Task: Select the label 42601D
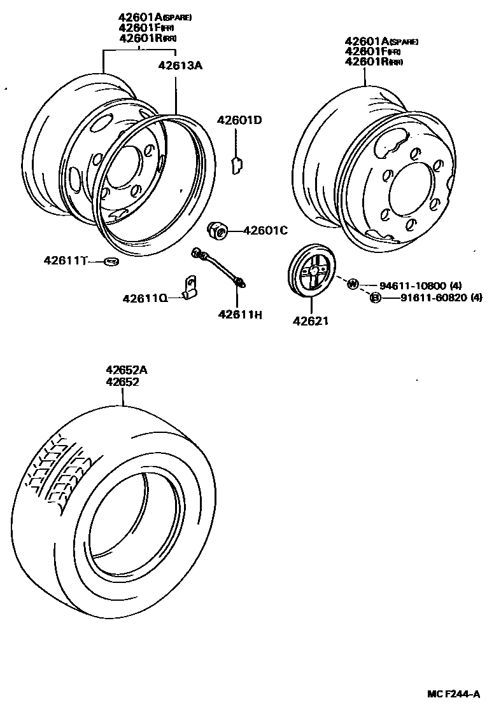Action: [x=239, y=120]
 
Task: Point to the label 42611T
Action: [x=65, y=260]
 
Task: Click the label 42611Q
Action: [x=145, y=298]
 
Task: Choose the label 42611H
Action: [x=240, y=314]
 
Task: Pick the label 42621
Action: [x=311, y=321]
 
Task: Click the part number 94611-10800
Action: [x=413, y=285]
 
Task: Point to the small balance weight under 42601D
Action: [x=236, y=165]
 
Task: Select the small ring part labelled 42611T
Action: [x=111, y=261]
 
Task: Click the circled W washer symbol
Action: [x=353, y=284]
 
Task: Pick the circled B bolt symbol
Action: [x=376, y=298]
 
